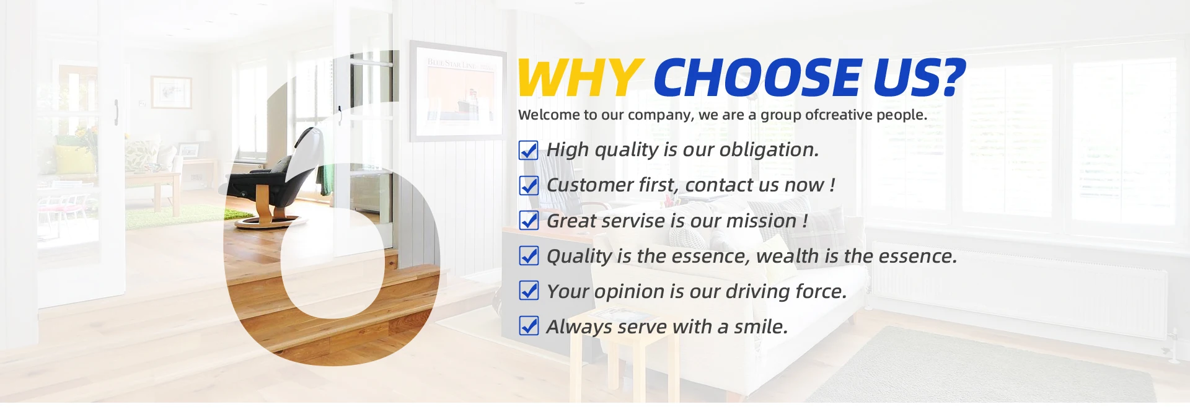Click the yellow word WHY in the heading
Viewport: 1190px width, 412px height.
coord(580,77)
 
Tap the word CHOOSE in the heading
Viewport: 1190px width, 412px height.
coord(757,77)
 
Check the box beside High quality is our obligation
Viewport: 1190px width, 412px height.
coord(529,150)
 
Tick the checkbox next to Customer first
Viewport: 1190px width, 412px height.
coord(529,185)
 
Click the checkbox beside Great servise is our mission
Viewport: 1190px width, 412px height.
coord(529,221)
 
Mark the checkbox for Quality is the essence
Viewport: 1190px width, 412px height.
coord(529,256)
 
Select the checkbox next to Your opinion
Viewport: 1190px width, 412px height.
coord(529,291)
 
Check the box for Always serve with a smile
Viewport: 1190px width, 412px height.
coord(529,327)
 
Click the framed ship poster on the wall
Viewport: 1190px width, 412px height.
coord(458,91)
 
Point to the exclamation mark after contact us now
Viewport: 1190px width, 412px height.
coord(832,185)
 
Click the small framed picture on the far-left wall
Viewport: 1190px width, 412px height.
coord(171,92)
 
